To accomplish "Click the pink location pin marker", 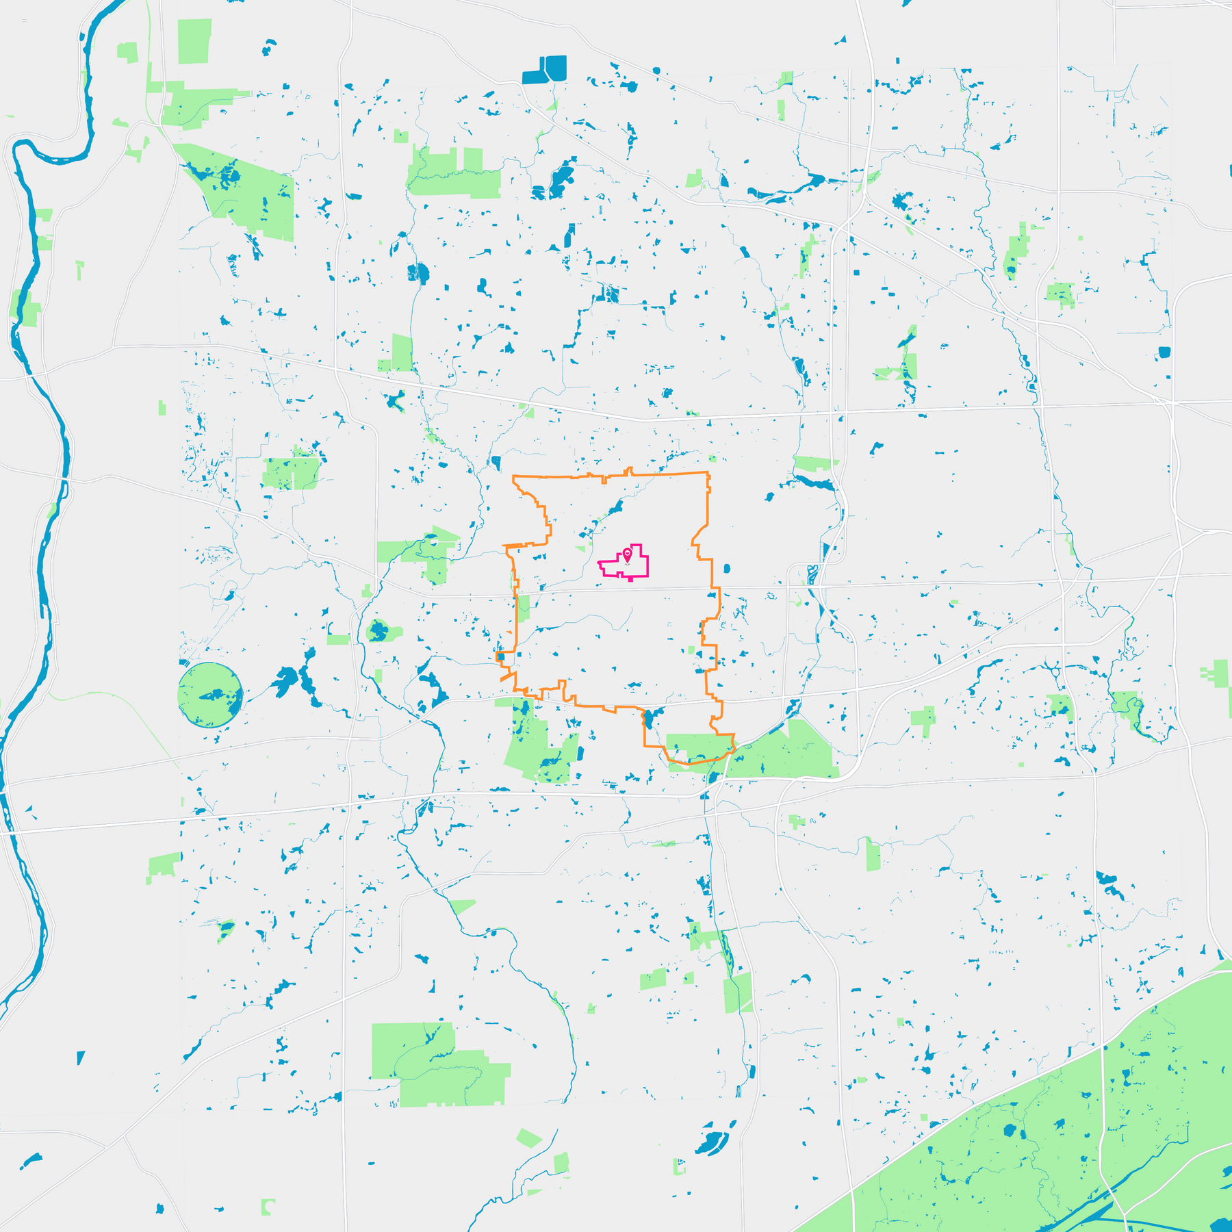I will [627, 554].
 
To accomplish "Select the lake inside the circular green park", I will [214, 695].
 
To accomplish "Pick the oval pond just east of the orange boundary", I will [726, 567].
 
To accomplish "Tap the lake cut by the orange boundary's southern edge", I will [647, 718].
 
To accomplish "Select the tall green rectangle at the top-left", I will [194, 41].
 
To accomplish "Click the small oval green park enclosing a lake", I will [378, 630].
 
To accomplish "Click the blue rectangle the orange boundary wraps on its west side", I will [501, 656].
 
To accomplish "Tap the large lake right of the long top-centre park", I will [561, 178].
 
